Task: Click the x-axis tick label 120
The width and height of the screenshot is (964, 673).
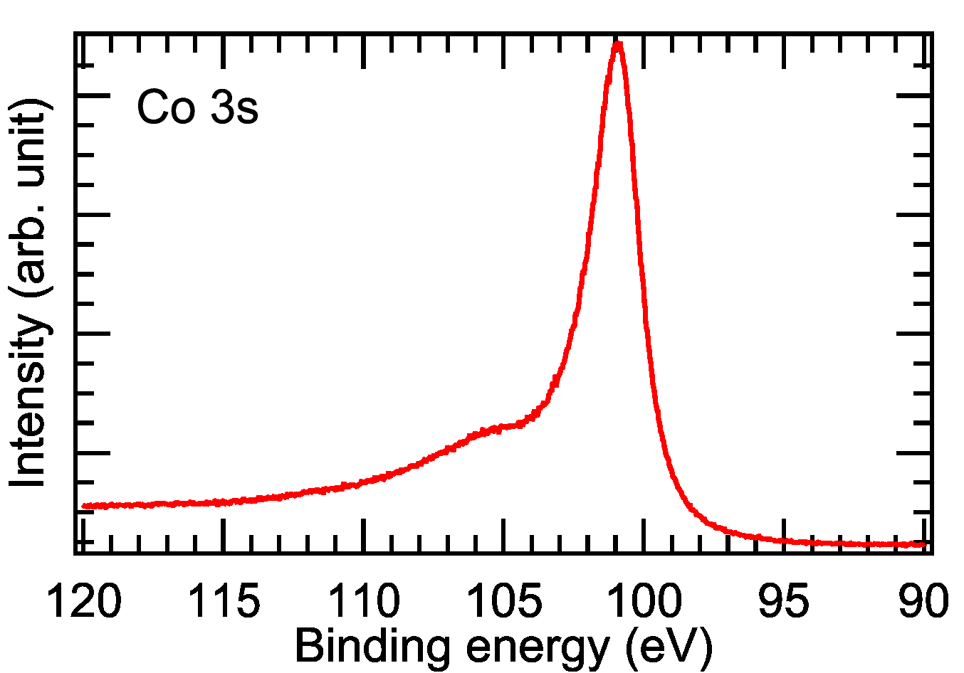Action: coord(84,601)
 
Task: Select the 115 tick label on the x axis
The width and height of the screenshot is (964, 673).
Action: coord(224,601)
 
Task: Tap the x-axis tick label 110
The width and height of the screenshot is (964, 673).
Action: coord(363,601)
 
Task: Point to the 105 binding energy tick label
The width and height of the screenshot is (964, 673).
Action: coord(503,601)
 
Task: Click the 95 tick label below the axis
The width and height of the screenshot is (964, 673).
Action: coord(783,601)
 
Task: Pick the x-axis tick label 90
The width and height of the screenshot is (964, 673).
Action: coord(923,601)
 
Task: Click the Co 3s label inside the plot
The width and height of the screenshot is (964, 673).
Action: coord(197,108)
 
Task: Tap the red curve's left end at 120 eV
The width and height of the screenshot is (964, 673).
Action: coord(84,506)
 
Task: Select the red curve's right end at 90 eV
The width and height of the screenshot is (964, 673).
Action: coord(923,544)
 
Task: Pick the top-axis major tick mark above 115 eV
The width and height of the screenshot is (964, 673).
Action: coord(224,50)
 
